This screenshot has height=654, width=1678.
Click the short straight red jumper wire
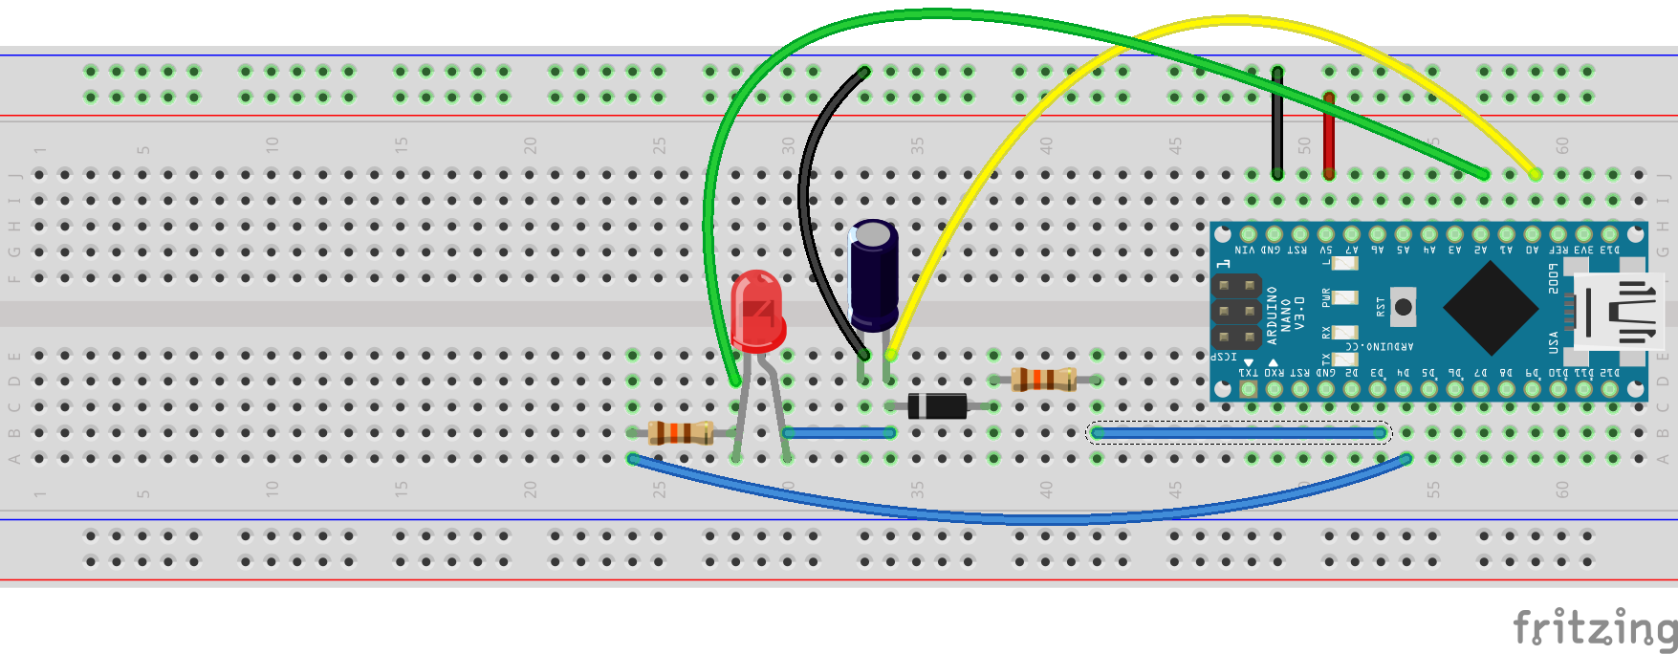[1328, 134]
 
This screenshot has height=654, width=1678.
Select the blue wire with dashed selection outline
[1238, 433]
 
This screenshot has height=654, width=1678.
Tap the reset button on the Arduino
[1403, 307]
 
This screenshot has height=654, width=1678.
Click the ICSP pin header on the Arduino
[1236, 312]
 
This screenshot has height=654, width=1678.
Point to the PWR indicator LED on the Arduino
[1345, 297]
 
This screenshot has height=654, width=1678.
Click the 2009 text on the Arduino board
[1554, 278]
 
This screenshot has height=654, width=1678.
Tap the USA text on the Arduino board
[1554, 341]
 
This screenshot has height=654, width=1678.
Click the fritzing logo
[1594, 628]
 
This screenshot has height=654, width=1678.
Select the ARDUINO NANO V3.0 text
[1285, 315]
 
